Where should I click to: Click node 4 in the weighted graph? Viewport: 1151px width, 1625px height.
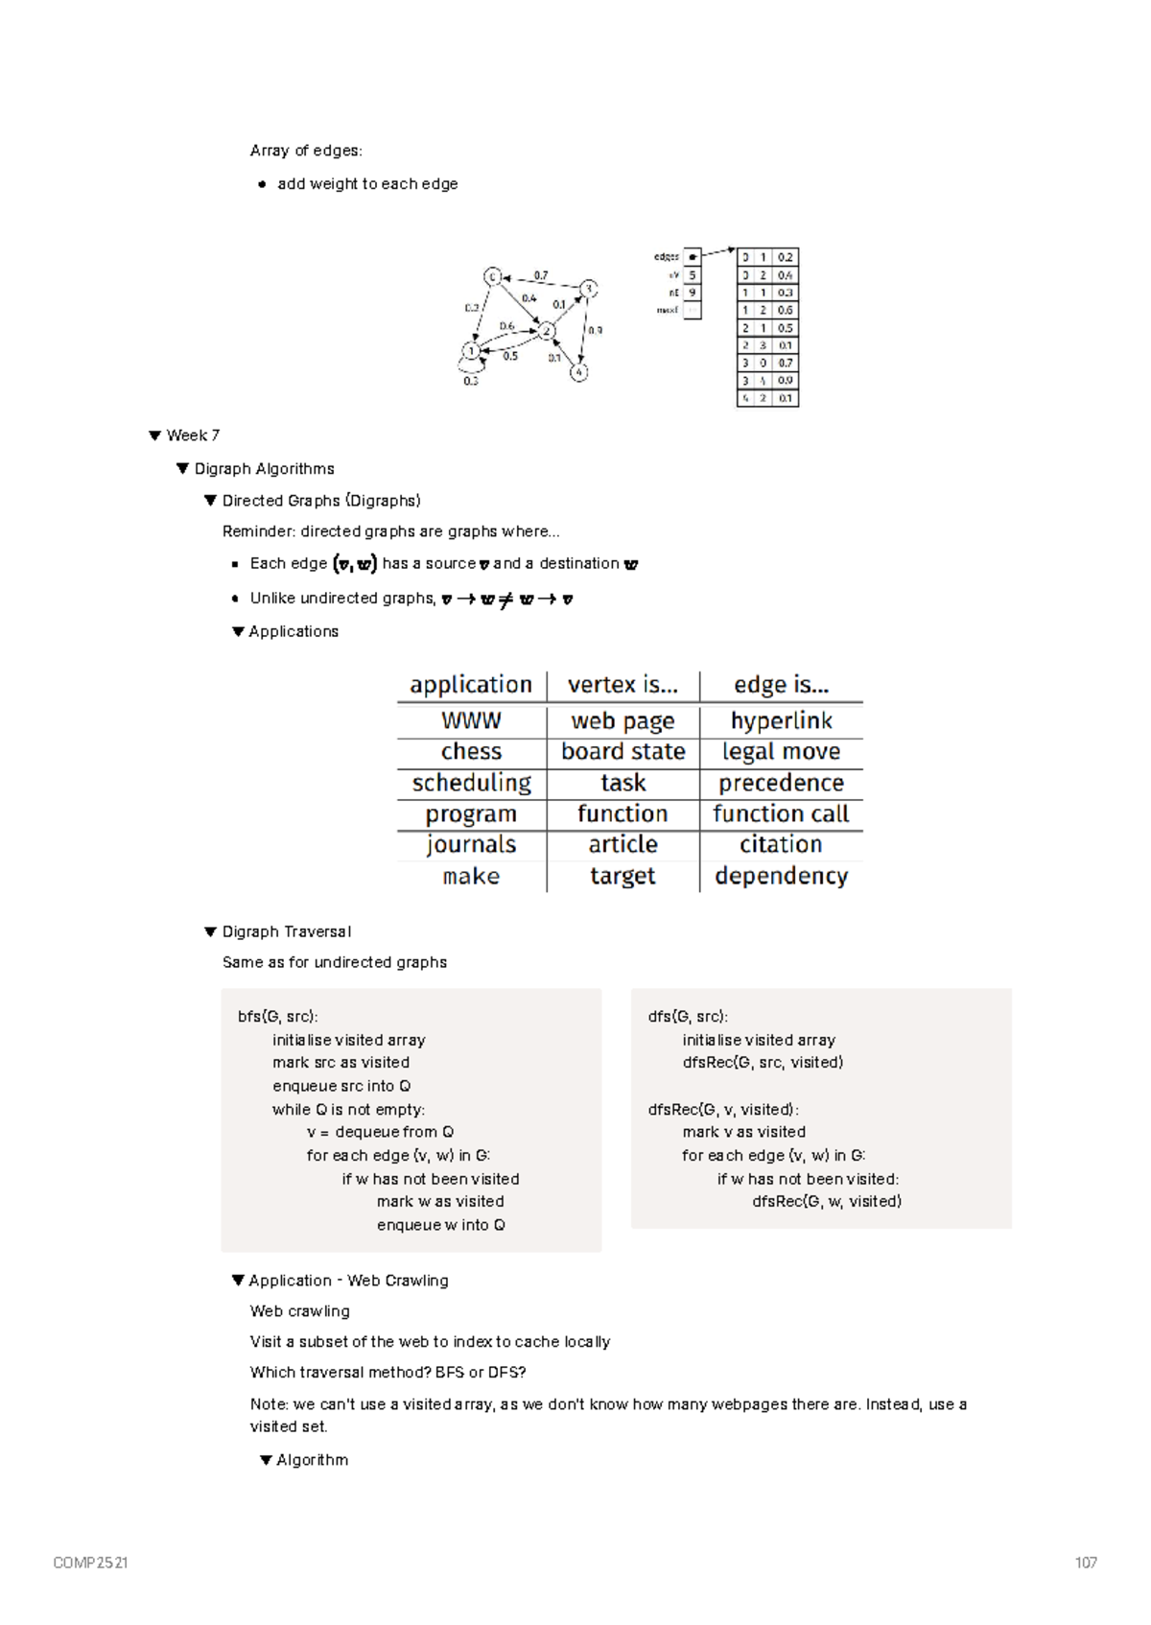578,372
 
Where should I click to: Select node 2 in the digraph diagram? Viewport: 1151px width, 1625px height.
547,331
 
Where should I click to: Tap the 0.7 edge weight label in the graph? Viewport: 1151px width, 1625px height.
541,275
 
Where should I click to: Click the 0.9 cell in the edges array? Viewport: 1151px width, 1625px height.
786,381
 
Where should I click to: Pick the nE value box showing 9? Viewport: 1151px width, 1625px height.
692,293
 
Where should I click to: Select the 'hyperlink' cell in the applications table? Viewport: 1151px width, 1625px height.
781,720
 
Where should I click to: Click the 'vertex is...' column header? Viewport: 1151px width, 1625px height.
622,685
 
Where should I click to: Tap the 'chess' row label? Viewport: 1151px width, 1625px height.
471,751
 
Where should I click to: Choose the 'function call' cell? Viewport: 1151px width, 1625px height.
781,813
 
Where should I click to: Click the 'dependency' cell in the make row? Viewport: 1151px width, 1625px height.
781,876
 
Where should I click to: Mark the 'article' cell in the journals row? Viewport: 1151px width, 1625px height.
622,844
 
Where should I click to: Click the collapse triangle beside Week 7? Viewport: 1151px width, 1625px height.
154,436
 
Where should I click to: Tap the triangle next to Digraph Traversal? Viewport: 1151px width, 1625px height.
210,931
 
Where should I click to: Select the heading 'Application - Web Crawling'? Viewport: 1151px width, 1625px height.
348,1281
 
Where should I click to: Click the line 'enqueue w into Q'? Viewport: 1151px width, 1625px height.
440,1225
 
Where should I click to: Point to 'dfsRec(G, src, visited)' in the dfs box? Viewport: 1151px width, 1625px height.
763,1062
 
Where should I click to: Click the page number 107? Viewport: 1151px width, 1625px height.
1086,1563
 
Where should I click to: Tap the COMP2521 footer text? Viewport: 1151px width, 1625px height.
90,1563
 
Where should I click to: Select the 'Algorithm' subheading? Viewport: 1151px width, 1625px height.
312,1460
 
